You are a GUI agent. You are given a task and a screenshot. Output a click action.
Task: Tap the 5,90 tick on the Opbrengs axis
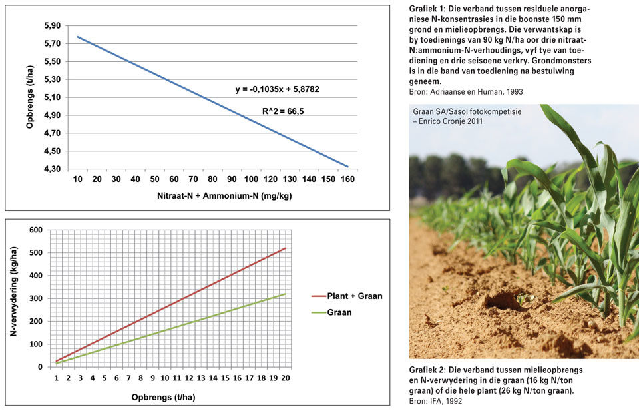point(51,26)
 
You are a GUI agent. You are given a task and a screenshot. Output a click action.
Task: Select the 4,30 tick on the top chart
point(51,169)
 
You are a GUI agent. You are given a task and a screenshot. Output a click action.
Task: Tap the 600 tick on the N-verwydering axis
point(37,230)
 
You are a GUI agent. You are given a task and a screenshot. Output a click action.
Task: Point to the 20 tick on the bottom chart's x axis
point(286,378)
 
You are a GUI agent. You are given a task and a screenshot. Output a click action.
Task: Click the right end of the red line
point(286,248)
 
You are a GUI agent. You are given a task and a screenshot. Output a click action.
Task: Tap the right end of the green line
point(286,294)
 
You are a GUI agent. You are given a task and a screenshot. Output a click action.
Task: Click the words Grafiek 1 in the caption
point(427,9)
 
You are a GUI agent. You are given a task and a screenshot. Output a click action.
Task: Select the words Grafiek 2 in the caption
point(428,370)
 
